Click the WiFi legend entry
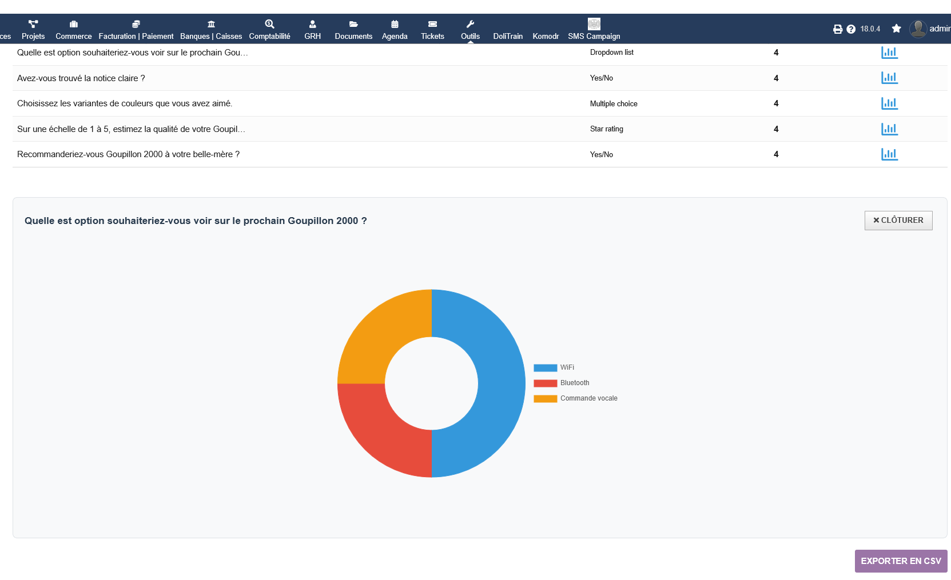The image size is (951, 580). [x=554, y=367]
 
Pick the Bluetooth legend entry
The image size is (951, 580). [x=562, y=383]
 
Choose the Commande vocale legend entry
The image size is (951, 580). [x=575, y=398]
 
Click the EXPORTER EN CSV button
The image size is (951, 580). [x=901, y=561]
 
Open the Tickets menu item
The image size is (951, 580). [x=432, y=30]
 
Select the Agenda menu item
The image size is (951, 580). [x=395, y=30]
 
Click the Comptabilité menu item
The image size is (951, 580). [x=269, y=30]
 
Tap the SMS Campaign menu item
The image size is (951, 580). [x=594, y=30]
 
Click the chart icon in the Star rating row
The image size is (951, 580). [x=889, y=129]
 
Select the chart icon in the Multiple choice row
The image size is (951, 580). [x=889, y=103]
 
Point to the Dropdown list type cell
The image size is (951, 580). [x=611, y=53]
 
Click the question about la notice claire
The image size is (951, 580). [x=81, y=78]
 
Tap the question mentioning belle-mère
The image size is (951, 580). [x=128, y=154]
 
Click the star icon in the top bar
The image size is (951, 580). [x=896, y=29]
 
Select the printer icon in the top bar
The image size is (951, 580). [x=838, y=29]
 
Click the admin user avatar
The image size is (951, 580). [x=918, y=29]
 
